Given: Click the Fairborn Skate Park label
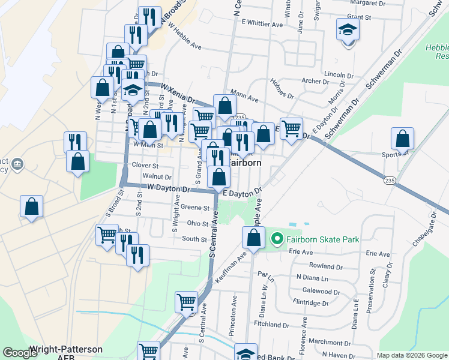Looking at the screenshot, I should coord(322,239).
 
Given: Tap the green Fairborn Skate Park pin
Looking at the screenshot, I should coord(277,239).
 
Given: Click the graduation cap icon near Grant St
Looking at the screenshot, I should coord(347,29).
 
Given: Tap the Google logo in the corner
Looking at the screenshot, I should coord(20,352).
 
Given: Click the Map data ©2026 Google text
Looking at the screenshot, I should coord(412,355).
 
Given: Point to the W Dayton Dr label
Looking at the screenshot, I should coord(164,188).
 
